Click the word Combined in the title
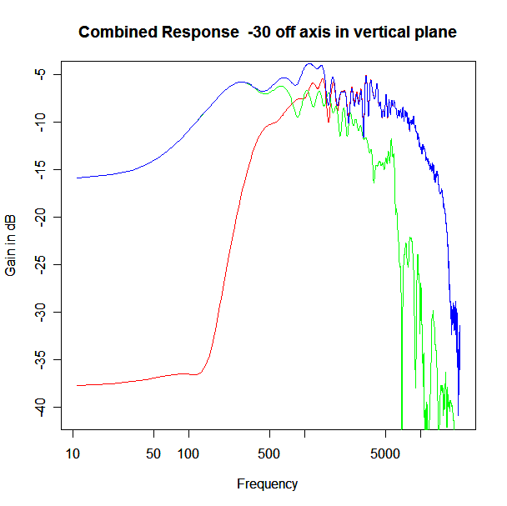point(118,32)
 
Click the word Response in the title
point(200,32)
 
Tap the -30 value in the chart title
point(259,32)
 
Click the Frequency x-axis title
point(267,484)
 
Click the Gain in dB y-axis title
point(10,245)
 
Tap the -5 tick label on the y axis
point(40,74)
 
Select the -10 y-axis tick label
point(40,123)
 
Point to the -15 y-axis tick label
point(40,170)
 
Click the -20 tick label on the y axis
point(40,218)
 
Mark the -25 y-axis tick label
point(40,265)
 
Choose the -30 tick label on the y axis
point(40,313)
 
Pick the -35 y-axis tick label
point(40,360)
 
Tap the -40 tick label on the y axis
point(40,408)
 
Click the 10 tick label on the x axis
point(73,454)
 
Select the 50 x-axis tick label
point(153,454)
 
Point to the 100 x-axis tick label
point(188,454)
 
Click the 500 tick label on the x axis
point(269,454)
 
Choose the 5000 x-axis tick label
point(385,454)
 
